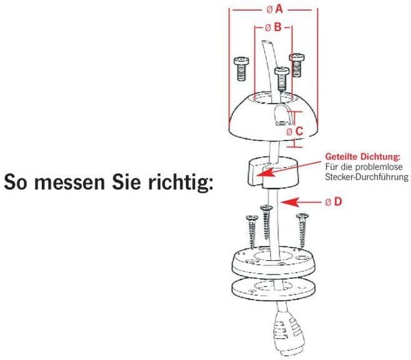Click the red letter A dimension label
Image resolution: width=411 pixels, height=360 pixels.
279,9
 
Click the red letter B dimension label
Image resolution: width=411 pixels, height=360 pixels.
278,27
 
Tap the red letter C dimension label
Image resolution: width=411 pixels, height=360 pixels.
299,132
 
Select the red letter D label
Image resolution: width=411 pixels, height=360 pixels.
338,202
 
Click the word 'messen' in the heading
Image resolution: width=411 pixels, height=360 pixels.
70,182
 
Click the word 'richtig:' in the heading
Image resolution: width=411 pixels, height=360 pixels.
181,182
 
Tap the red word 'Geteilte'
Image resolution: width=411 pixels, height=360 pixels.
341,157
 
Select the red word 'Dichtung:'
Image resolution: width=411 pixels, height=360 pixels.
380,157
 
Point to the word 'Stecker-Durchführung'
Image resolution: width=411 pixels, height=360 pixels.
367,177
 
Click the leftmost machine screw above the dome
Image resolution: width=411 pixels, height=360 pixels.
241,69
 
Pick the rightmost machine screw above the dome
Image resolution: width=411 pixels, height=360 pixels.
297,66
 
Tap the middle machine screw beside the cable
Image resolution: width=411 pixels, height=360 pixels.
282,79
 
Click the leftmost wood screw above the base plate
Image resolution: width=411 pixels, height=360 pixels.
252,232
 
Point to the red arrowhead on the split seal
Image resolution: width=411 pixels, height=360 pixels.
265,172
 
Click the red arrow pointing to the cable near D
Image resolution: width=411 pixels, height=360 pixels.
301,202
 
